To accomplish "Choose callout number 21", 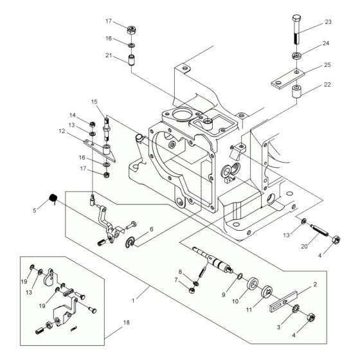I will point(109,55).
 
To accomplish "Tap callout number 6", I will point(150,230).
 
